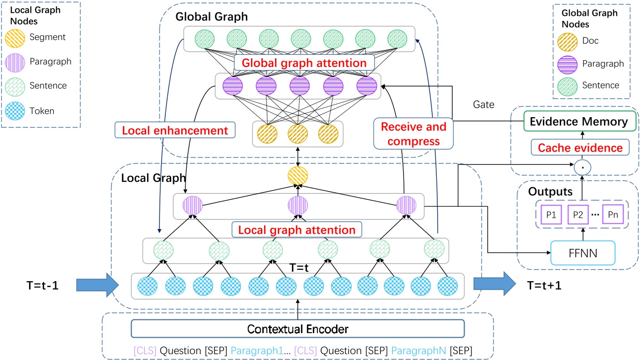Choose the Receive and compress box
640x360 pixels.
(414, 134)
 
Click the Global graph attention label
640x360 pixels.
(304, 62)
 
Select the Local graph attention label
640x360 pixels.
(297, 230)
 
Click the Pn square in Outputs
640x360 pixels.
(613, 214)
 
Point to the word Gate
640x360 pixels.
(483, 105)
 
